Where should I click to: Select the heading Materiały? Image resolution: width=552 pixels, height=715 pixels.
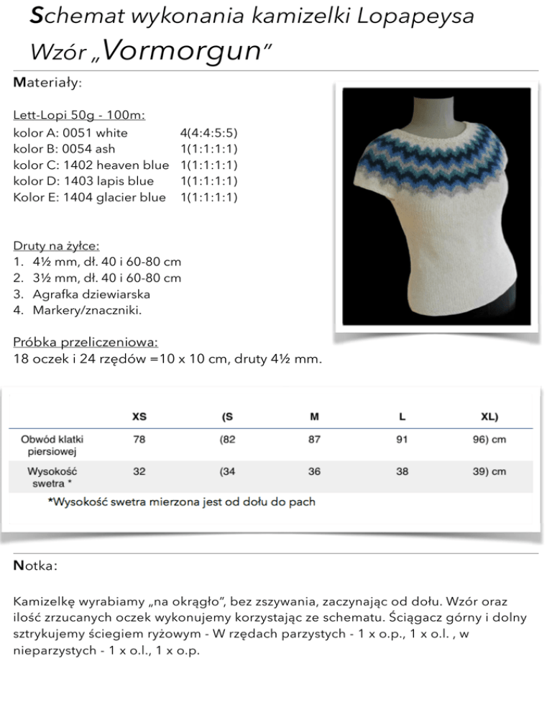click(47, 83)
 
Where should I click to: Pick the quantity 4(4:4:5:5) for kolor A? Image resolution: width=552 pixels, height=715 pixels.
click(208, 133)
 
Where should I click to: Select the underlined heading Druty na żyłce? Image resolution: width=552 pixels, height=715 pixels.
click(56, 246)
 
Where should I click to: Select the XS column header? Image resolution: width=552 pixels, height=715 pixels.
click(139, 416)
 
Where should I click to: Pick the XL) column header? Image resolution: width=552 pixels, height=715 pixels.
click(489, 416)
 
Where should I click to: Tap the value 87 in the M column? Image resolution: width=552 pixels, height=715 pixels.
click(314, 440)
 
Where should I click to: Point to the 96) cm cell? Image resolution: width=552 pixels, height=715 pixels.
click(489, 440)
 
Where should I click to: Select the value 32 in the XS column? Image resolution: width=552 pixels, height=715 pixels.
click(139, 472)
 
